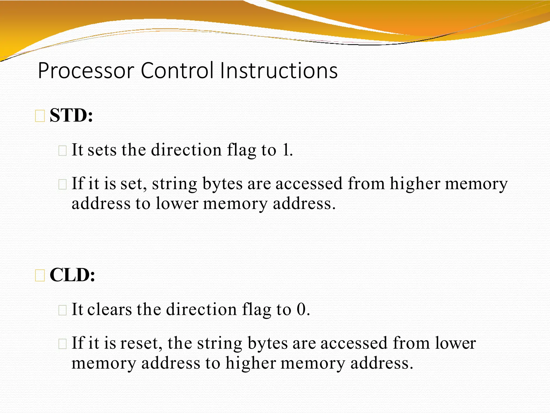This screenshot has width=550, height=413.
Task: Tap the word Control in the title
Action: [177, 71]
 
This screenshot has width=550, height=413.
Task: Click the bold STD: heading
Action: [71, 116]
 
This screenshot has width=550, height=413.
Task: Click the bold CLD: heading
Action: [72, 275]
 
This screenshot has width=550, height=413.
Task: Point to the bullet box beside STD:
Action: [40, 116]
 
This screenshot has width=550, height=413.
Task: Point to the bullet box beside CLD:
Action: [40, 276]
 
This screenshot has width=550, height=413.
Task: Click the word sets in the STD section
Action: [102, 150]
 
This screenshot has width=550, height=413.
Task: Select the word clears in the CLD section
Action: [110, 309]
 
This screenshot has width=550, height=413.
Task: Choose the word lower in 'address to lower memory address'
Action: [177, 204]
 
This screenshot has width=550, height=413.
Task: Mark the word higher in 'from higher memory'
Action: [415, 184]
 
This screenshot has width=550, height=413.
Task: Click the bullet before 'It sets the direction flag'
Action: [62, 151]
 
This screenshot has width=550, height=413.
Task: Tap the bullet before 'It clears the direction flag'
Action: [62, 310]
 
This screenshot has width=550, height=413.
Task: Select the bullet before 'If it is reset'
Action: [62, 344]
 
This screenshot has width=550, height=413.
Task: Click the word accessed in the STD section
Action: [309, 184]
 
